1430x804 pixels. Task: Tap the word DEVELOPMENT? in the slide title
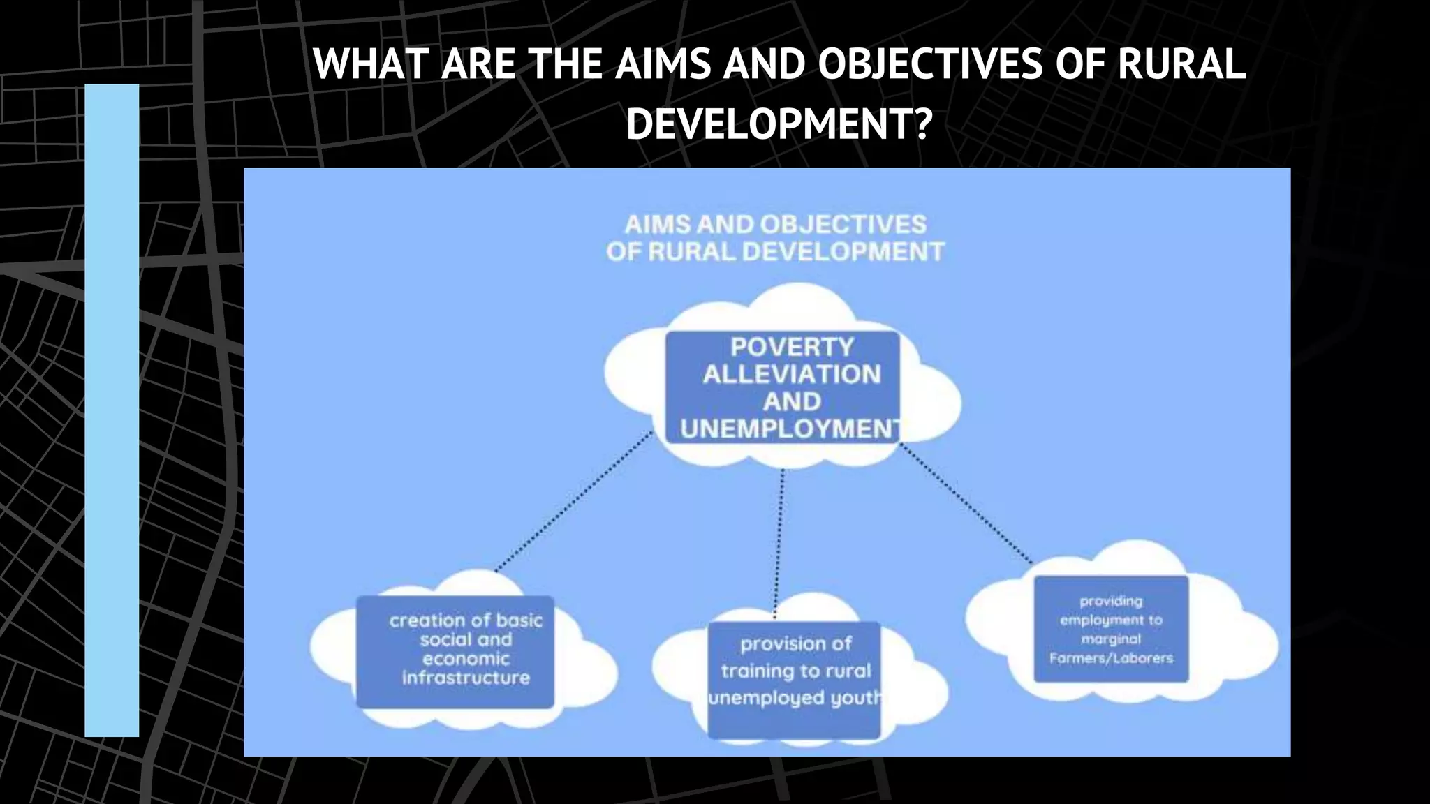(x=779, y=124)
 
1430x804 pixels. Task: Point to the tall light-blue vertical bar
(x=112, y=410)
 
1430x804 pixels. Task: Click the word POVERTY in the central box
(x=792, y=347)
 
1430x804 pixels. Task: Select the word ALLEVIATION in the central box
(x=792, y=374)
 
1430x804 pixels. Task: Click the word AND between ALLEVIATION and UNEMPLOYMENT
(x=791, y=401)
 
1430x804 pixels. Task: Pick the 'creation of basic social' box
(x=455, y=652)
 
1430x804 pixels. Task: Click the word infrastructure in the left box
(x=466, y=678)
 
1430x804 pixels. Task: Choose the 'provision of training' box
(x=795, y=679)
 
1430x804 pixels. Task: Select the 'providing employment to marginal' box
(x=1111, y=629)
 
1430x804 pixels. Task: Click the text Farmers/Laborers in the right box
(x=1111, y=658)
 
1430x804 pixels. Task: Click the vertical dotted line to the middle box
(x=779, y=544)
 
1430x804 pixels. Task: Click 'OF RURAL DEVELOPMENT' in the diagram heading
(x=775, y=251)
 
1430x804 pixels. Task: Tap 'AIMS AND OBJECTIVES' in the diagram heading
(x=775, y=224)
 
